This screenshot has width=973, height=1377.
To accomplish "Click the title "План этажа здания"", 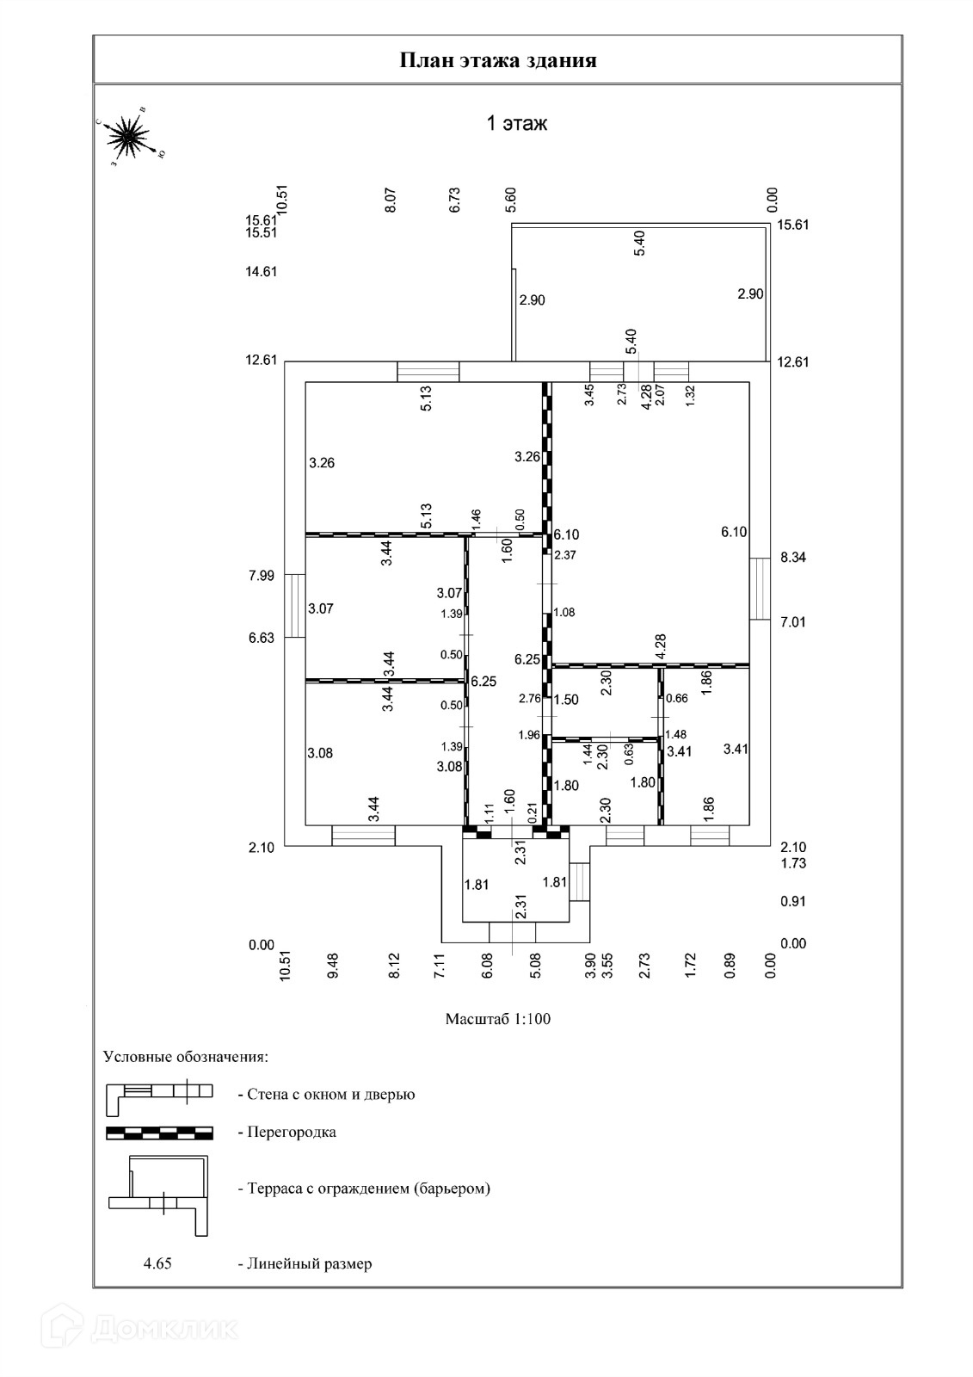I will click(498, 60).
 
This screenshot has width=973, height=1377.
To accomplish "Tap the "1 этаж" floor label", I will click(517, 124).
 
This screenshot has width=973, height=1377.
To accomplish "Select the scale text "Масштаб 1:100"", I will click(497, 1019).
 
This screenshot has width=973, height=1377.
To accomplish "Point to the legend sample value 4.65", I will click(158, 1264).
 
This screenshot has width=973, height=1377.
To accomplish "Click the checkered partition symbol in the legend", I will click(159, 1133).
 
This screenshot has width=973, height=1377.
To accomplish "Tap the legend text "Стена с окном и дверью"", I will click(331, 1095).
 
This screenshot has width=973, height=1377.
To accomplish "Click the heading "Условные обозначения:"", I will click(186, 1056).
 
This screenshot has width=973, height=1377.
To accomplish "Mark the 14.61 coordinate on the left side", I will click(262, 272).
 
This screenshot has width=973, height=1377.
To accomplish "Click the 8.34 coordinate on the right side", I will click(793, 558).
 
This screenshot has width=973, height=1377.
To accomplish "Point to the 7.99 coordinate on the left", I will click(262, 576).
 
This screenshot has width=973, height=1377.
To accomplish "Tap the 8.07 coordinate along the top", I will click(391, 201).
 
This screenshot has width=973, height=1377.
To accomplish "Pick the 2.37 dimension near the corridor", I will click(565, 555).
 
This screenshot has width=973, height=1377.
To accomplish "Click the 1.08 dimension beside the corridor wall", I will click(564, 613).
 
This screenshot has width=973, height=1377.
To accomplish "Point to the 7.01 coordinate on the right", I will click(793, 622).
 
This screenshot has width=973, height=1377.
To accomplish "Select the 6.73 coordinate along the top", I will click(456, 201).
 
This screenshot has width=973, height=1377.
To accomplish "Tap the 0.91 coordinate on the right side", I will click(793, 902).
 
